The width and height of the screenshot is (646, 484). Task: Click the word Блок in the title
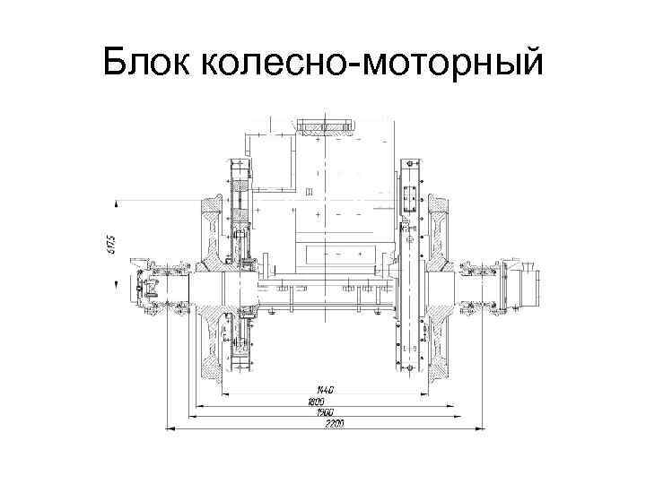(146, 63)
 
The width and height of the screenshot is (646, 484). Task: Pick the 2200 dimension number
(317, 424)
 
